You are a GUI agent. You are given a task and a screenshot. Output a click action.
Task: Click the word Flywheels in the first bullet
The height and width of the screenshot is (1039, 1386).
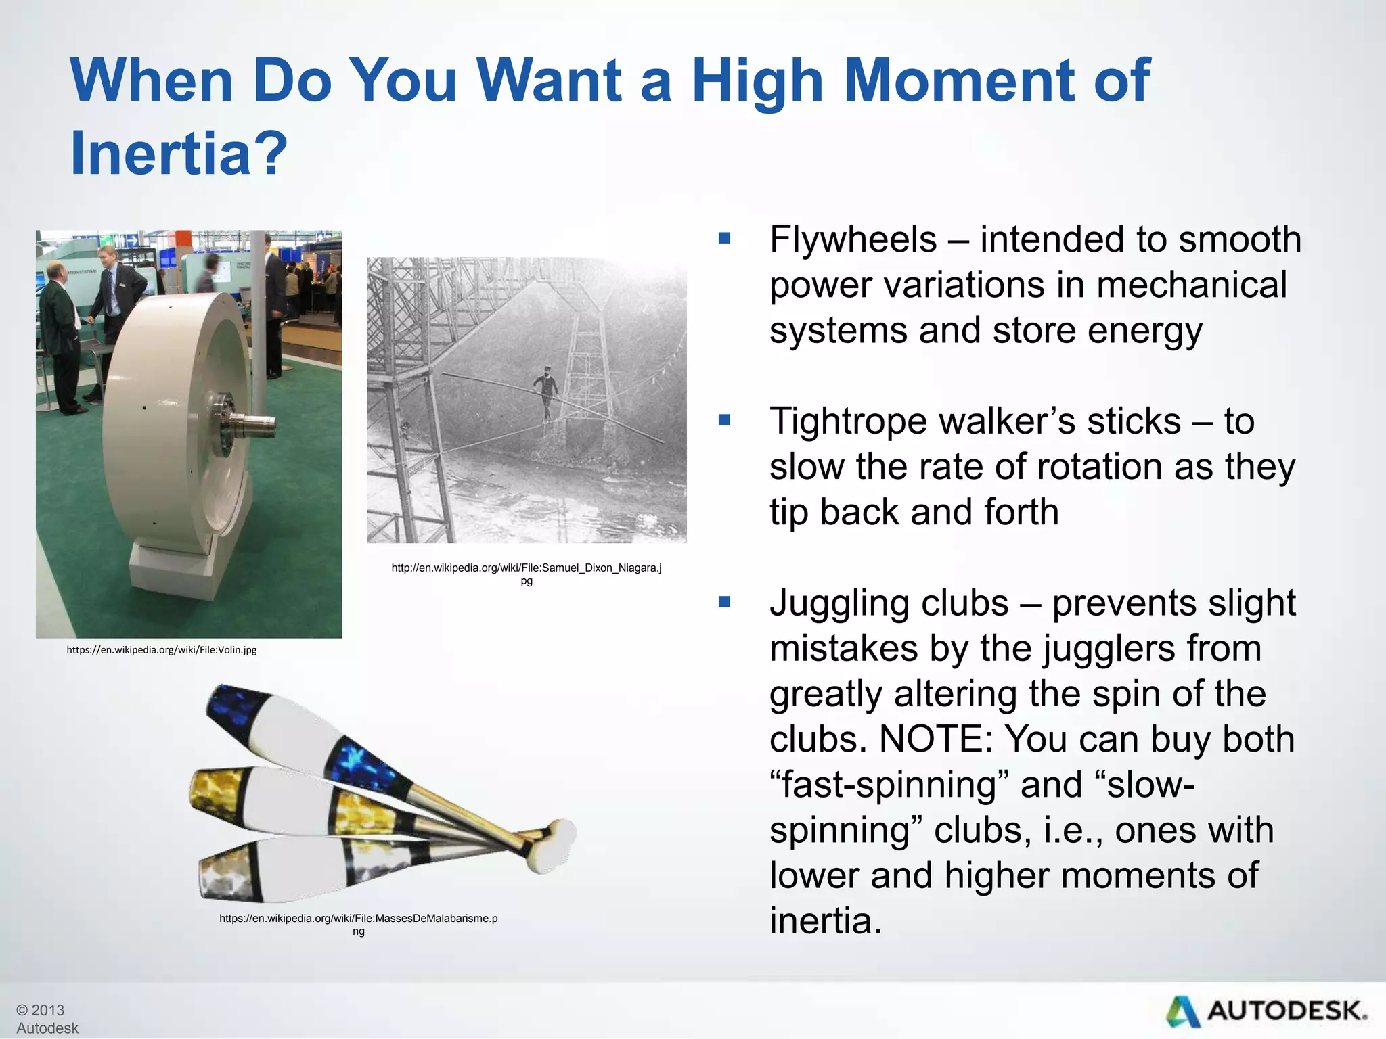[853, 239]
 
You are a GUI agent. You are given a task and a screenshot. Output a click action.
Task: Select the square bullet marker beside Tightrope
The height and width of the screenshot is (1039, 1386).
[724, 421]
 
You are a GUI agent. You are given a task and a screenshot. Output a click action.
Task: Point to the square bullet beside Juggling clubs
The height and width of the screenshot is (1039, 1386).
[724, 602]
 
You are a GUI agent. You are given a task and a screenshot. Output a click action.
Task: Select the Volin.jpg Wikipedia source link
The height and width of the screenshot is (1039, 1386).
[161, 650]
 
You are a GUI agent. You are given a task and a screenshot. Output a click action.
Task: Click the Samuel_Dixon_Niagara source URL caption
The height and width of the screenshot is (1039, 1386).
[526, 574]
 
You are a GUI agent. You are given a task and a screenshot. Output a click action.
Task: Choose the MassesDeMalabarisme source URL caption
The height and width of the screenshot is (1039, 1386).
[358, 924]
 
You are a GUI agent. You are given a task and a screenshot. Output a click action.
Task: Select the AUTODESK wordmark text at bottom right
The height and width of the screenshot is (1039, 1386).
[1286, 1011]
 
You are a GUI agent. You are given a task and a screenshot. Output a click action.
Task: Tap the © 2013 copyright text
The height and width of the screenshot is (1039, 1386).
[41, 1010]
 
